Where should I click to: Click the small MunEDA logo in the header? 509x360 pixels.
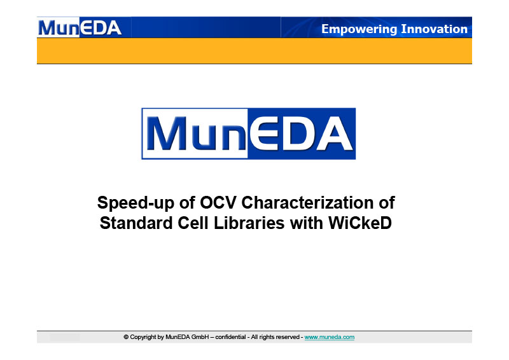(80, 27)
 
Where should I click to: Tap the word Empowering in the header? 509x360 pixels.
(359, 29)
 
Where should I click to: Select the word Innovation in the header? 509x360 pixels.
(435, 29)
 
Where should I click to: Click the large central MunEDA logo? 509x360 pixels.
(249, 134)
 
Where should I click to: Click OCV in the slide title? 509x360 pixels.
(218, 202)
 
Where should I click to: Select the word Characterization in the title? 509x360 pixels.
(307, 202)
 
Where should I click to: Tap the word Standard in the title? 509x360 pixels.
(136, 223)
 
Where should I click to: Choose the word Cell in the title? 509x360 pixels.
(193, 223)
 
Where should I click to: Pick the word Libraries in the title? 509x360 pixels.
(249, 223)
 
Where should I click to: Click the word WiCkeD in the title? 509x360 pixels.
(360, 223)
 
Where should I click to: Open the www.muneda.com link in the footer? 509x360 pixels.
(329, 337)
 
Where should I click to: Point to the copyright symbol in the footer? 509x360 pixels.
(126, 337)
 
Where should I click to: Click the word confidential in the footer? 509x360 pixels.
(230, 337)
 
